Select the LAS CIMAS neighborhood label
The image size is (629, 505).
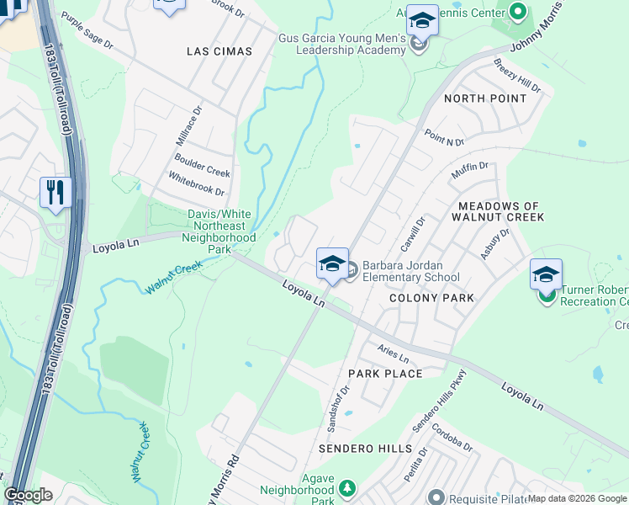point(219,51)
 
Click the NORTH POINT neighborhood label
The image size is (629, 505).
point(485,98)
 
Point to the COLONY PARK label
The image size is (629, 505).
point(432,298)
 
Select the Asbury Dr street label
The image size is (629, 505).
point(495,243)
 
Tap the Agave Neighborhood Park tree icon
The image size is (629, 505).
point(346,488)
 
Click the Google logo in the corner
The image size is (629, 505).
point(28,495)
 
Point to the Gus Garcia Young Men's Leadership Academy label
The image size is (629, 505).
point(342,45)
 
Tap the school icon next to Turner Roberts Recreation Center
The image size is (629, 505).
point(546,274)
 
